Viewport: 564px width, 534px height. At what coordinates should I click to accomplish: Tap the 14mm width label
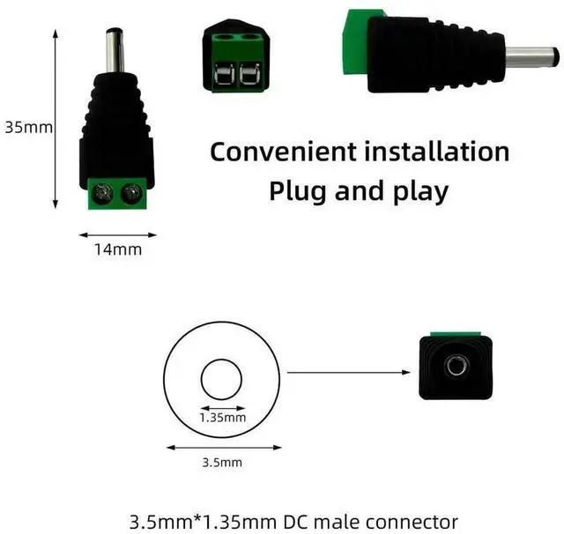[x=118, y=249]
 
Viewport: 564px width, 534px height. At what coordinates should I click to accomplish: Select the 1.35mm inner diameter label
[x=221, y=418]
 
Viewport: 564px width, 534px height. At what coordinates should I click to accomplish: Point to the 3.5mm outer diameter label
[x=221, y=461]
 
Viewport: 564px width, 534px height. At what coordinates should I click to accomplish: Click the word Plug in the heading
[x=299, y=190]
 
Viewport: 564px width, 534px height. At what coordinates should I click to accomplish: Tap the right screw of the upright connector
[x=131, y=192]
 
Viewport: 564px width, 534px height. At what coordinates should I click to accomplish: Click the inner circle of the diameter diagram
[x=221, y=381]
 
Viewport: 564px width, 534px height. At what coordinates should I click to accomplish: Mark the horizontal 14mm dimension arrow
[x=118, y=234]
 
